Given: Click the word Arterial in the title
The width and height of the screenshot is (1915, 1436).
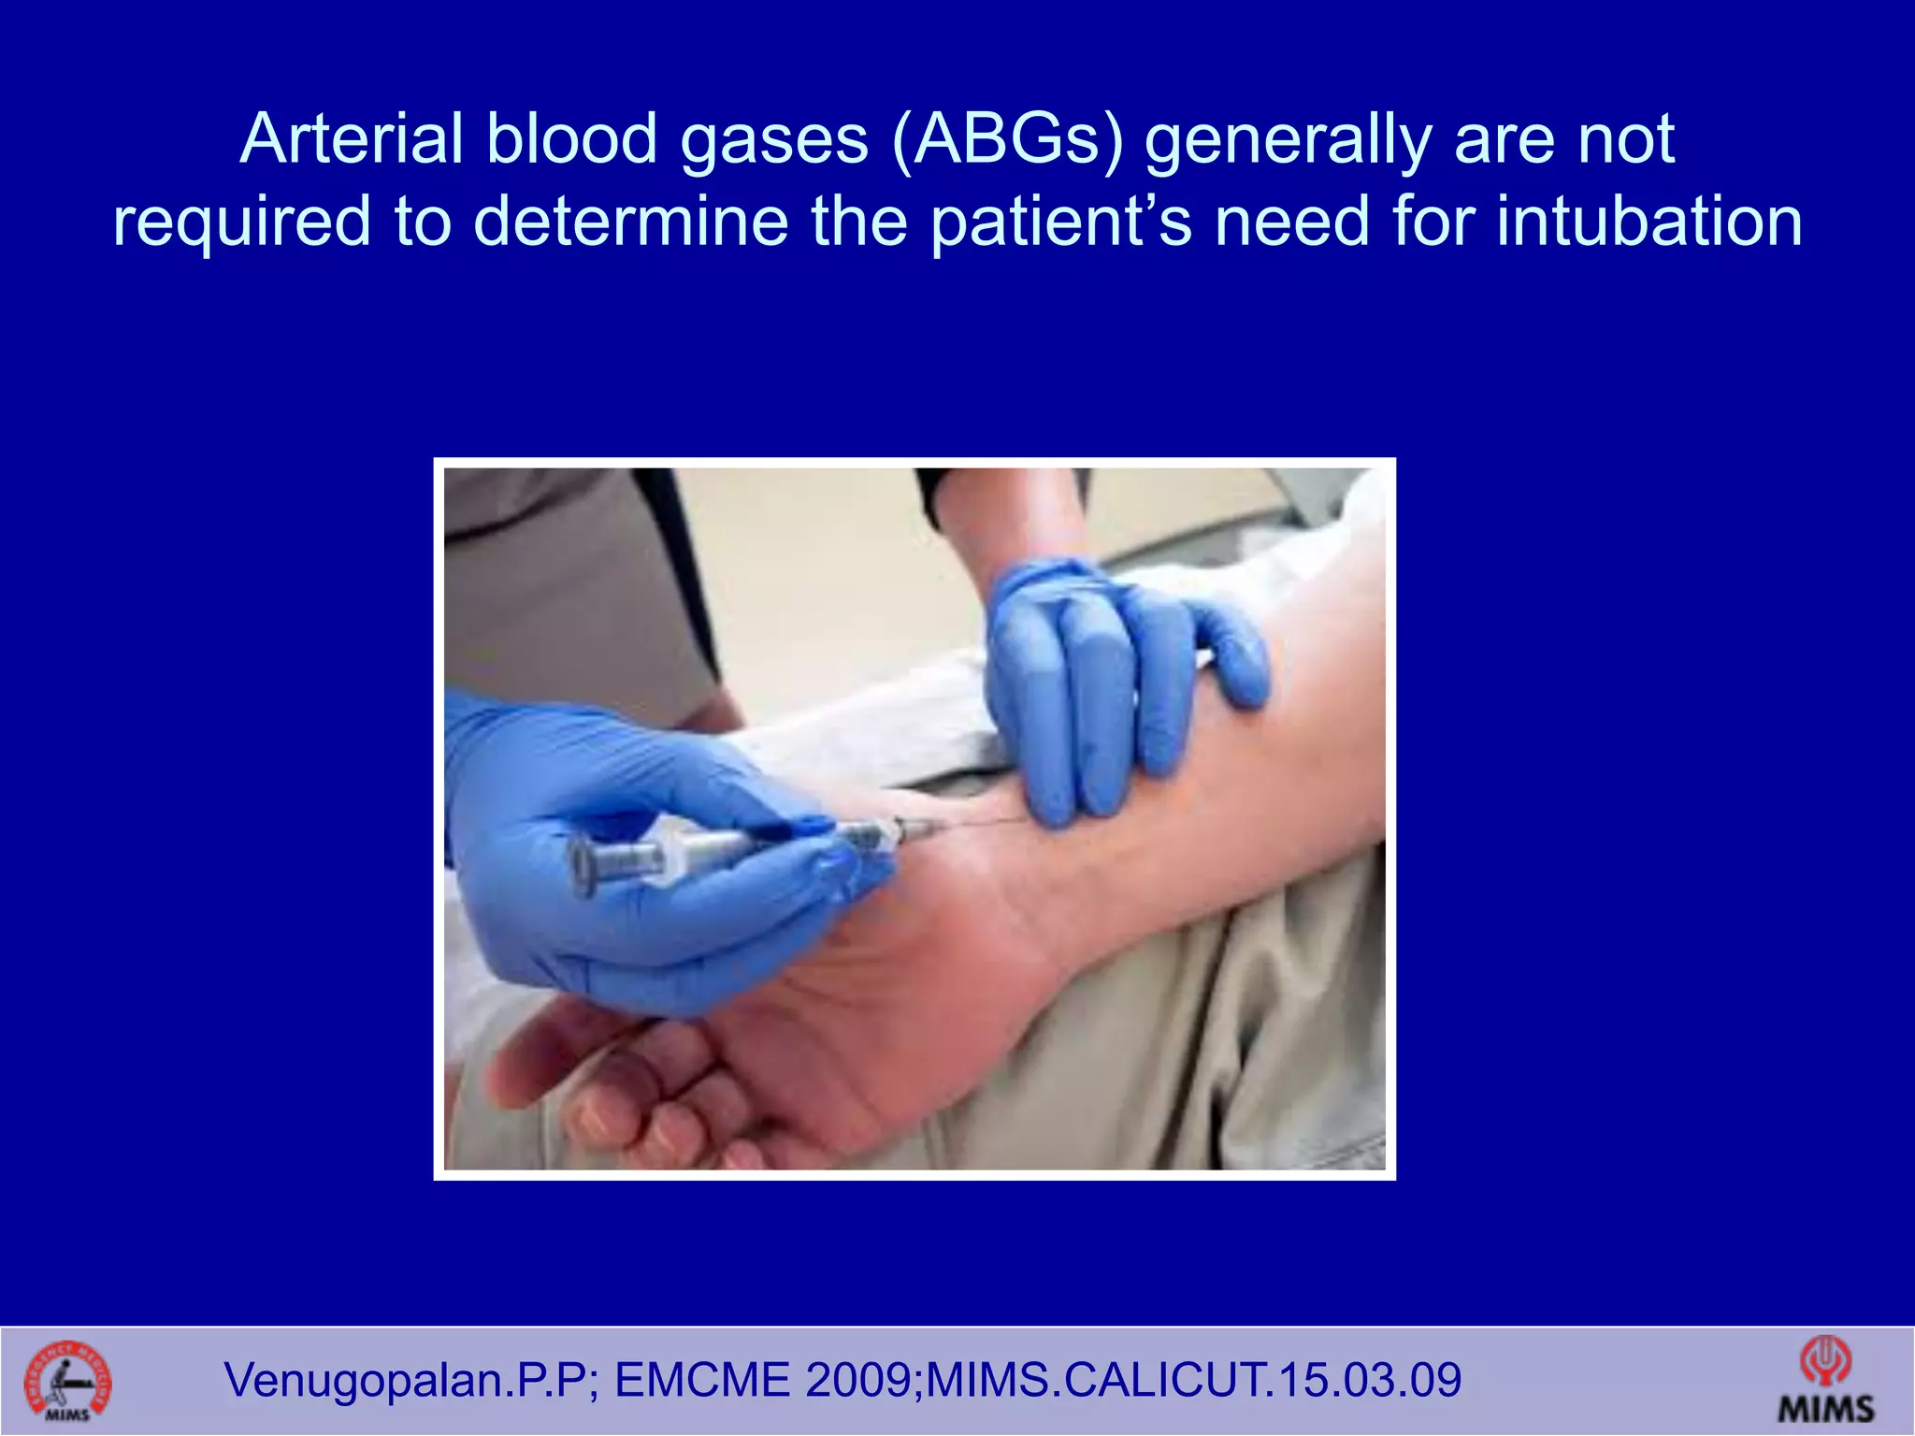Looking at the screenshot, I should click(352, 140).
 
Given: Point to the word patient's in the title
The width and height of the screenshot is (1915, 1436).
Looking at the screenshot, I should click(1061, 223).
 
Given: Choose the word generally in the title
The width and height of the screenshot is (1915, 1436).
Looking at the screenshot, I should click(1289, 140).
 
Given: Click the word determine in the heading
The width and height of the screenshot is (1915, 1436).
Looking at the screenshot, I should click(631, 223).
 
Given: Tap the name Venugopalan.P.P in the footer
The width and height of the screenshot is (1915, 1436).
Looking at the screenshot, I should click(408, 1380).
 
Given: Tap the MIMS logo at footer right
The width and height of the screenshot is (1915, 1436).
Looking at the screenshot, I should click(1825, 1380).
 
